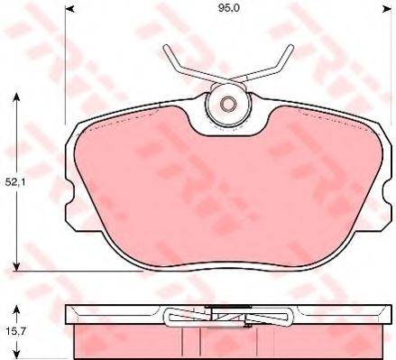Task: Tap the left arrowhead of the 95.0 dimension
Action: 69,9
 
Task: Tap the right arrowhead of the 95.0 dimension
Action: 386,9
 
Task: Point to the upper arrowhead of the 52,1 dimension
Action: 17,97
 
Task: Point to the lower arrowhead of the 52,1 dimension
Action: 17,266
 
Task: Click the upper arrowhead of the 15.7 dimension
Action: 17,309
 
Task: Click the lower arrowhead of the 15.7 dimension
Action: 17,355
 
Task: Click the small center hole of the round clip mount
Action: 227,104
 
